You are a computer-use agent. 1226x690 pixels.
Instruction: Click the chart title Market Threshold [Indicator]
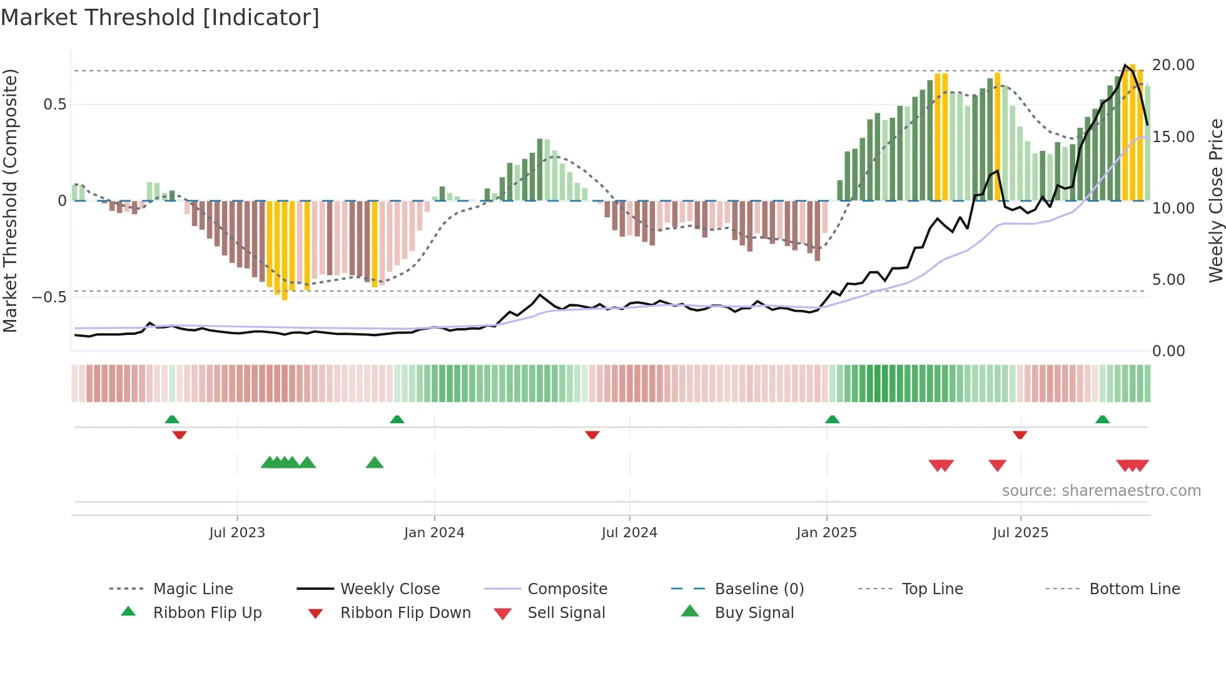(160, 18)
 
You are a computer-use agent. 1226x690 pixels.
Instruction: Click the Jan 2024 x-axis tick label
(434, 532)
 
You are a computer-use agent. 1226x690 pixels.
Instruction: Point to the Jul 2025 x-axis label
(1020, 532)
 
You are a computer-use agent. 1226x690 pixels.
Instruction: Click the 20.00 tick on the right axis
(1173, 65)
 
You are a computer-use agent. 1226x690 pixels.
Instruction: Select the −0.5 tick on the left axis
(49, 297)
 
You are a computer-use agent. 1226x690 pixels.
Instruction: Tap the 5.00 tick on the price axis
(1168, 279)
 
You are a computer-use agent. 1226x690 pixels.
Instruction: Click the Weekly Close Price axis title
(1215, 200)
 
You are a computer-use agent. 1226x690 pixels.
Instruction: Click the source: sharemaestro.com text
(1101, 490)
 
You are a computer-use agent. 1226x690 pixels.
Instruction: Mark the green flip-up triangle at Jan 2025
(832, 420)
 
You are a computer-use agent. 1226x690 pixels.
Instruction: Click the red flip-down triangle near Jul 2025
(1020, 435)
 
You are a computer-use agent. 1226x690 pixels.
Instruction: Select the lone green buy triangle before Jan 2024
(374, 463)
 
